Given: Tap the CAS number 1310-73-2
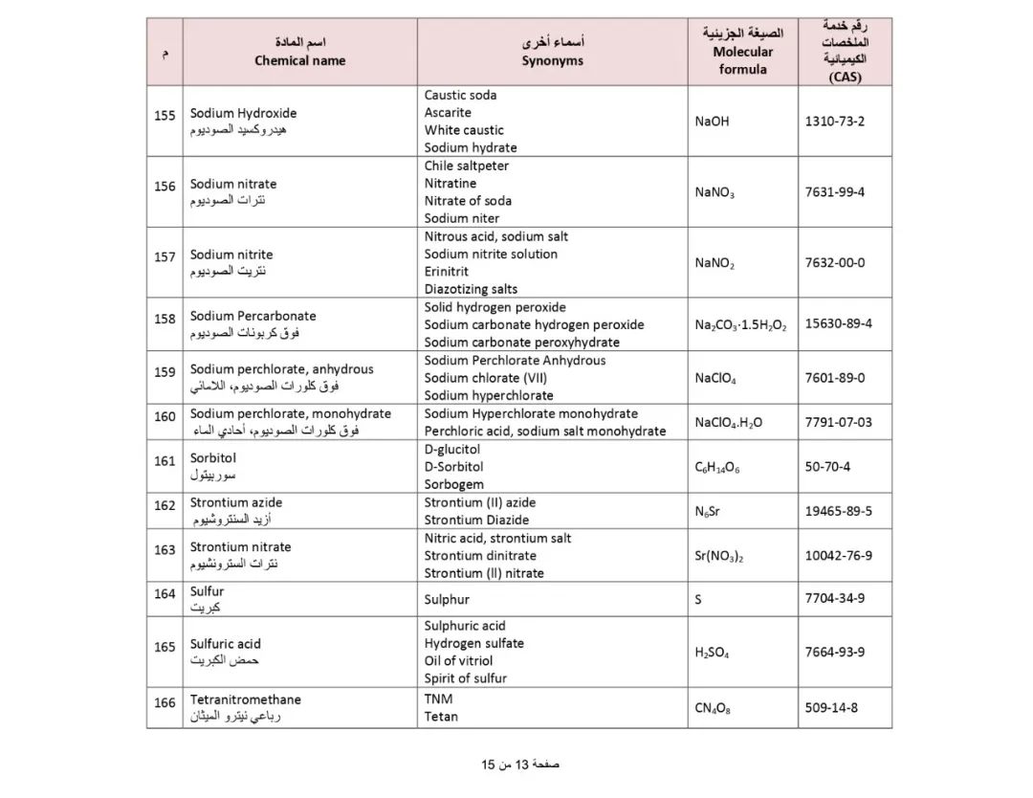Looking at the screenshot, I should pos(834,122).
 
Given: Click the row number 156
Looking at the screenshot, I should pos(165,187).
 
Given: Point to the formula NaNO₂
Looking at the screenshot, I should pos(714,263).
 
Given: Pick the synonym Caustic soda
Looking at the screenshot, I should pos(460,95).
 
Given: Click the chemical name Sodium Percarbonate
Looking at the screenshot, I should pos(253,316).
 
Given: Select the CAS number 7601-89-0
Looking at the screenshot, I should pos(834,377).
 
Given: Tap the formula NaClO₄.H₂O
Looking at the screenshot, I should pos(729,422).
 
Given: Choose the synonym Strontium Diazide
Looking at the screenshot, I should pos(476,520).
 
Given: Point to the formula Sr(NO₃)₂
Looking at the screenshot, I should pos(718,556).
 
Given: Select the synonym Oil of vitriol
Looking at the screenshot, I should pos(458,660).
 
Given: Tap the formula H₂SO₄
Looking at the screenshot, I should pos(712,653).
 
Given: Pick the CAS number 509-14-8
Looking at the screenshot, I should pos(831,708).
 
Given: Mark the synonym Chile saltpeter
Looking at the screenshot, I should pos(467,166).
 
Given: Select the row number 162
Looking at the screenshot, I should pos(165,505).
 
